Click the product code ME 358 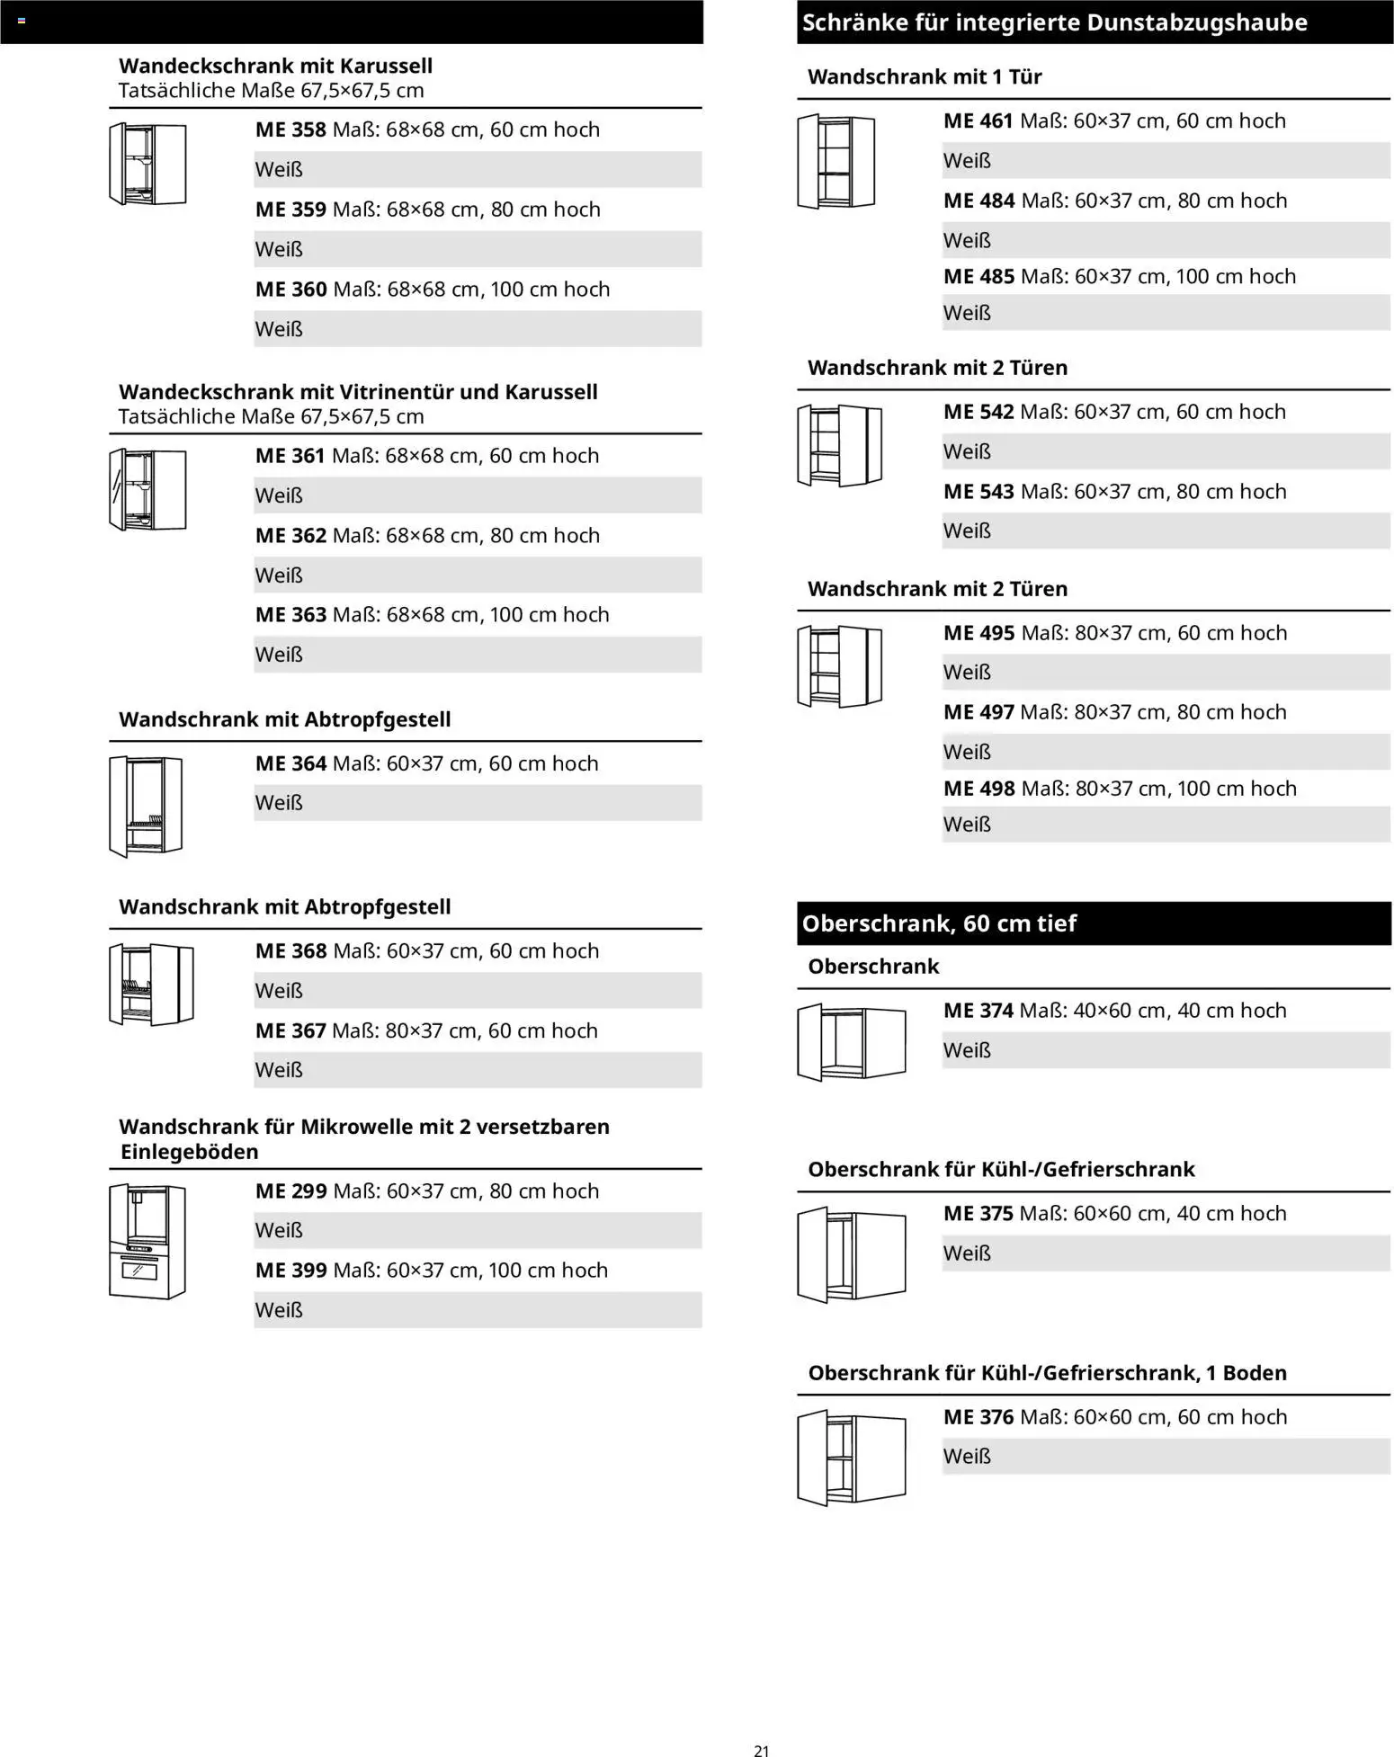pos(290,129)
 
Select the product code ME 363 pos(290,615)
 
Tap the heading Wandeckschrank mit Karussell pos(275,66)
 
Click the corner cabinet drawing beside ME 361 pos(147,490)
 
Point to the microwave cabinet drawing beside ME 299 pos(147,1241)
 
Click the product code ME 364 pos(290,763)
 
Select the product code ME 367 pos(290,1030)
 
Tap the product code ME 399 pos(290,1271)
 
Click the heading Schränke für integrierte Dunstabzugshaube pos(1054,22)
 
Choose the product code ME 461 pos(978,120)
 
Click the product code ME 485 pos(978,277)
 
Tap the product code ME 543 pos(978,492)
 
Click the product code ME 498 pos(978,789)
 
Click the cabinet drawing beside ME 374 pos(851,1043)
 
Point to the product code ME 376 pos(978,1417)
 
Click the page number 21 pos(761,1750)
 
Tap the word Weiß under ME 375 pos(967,1253)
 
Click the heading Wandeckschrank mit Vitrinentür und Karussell pos(358,392)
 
